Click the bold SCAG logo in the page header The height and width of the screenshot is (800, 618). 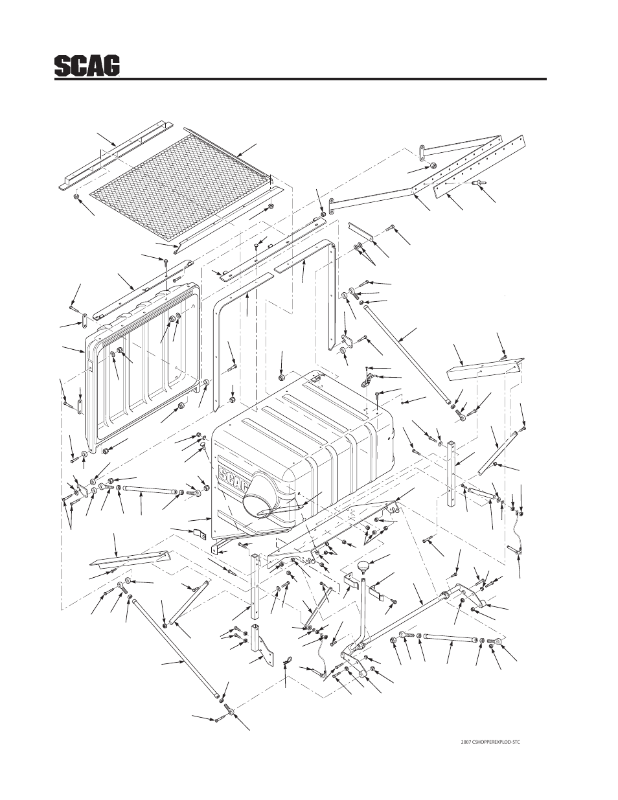click(x=87, y=66)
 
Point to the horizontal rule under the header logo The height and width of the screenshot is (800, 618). click(x=301, y=79)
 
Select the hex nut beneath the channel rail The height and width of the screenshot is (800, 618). click(x=75, y=197)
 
